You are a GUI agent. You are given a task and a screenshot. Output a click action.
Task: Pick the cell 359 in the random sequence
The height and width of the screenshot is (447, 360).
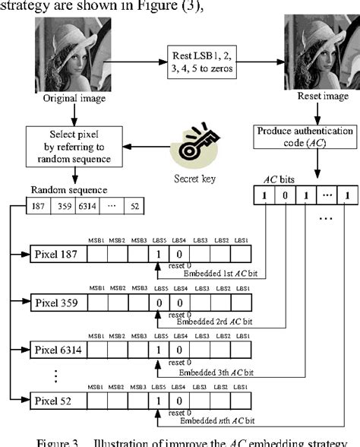click(65, 206)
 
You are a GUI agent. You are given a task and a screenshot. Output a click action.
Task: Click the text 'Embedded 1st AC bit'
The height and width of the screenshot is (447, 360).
click(212, 274)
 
